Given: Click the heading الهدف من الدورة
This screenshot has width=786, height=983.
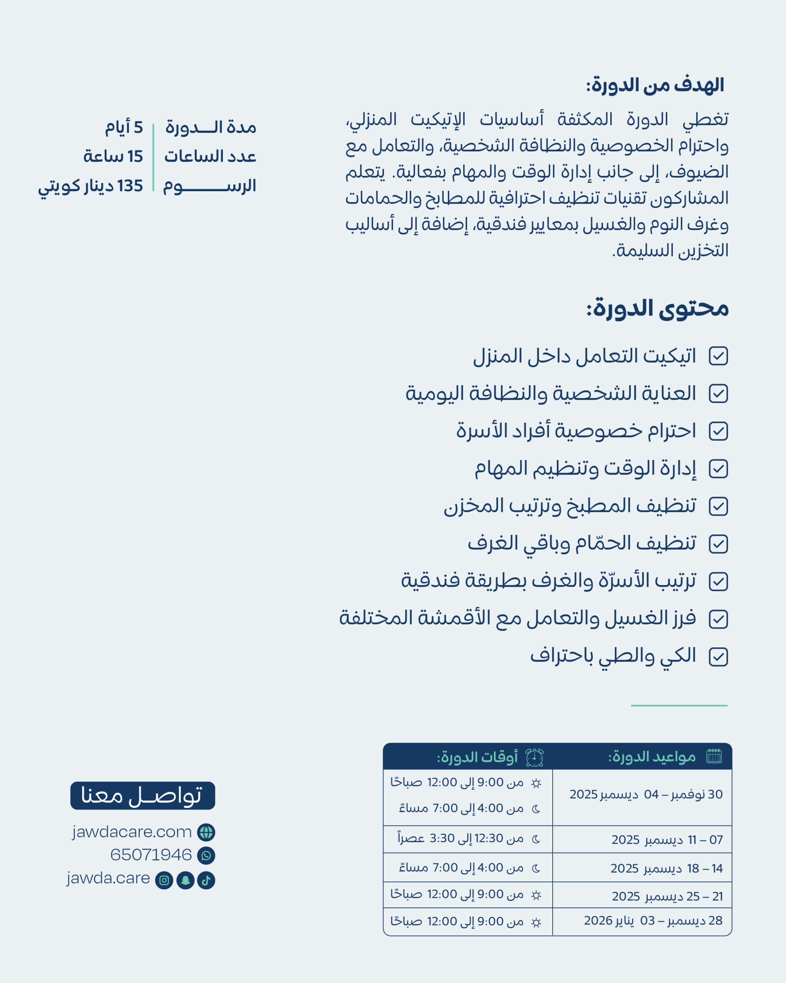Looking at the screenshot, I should point(655,85).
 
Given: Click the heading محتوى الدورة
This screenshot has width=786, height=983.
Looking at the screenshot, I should point(657,309).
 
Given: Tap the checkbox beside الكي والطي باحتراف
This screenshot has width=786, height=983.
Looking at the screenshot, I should point(718,657).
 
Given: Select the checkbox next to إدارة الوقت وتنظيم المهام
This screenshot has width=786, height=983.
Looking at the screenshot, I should point(718,469).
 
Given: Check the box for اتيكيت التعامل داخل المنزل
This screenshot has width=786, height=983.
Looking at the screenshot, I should point(718,356).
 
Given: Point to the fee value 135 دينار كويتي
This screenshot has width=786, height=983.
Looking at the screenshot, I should point(90,186).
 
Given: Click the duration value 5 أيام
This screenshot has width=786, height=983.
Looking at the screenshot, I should point(124,127).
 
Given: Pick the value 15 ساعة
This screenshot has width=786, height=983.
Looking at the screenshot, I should point(113,156).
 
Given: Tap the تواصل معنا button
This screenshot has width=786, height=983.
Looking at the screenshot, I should point(142,796).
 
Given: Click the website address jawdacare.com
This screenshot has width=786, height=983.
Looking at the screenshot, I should point(132,832).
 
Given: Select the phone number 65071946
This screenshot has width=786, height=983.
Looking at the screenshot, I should point(151,854).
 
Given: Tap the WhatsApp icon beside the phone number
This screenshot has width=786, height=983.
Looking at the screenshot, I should point(206,856).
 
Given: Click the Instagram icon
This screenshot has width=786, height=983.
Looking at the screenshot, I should point(164,880).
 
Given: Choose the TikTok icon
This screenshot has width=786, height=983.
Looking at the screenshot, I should point(206,880).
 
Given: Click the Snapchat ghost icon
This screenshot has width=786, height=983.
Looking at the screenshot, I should point(185,880).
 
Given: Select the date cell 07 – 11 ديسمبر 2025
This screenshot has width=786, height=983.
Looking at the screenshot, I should point(667,839).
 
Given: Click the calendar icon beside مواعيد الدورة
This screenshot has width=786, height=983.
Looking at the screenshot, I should point(714,756).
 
